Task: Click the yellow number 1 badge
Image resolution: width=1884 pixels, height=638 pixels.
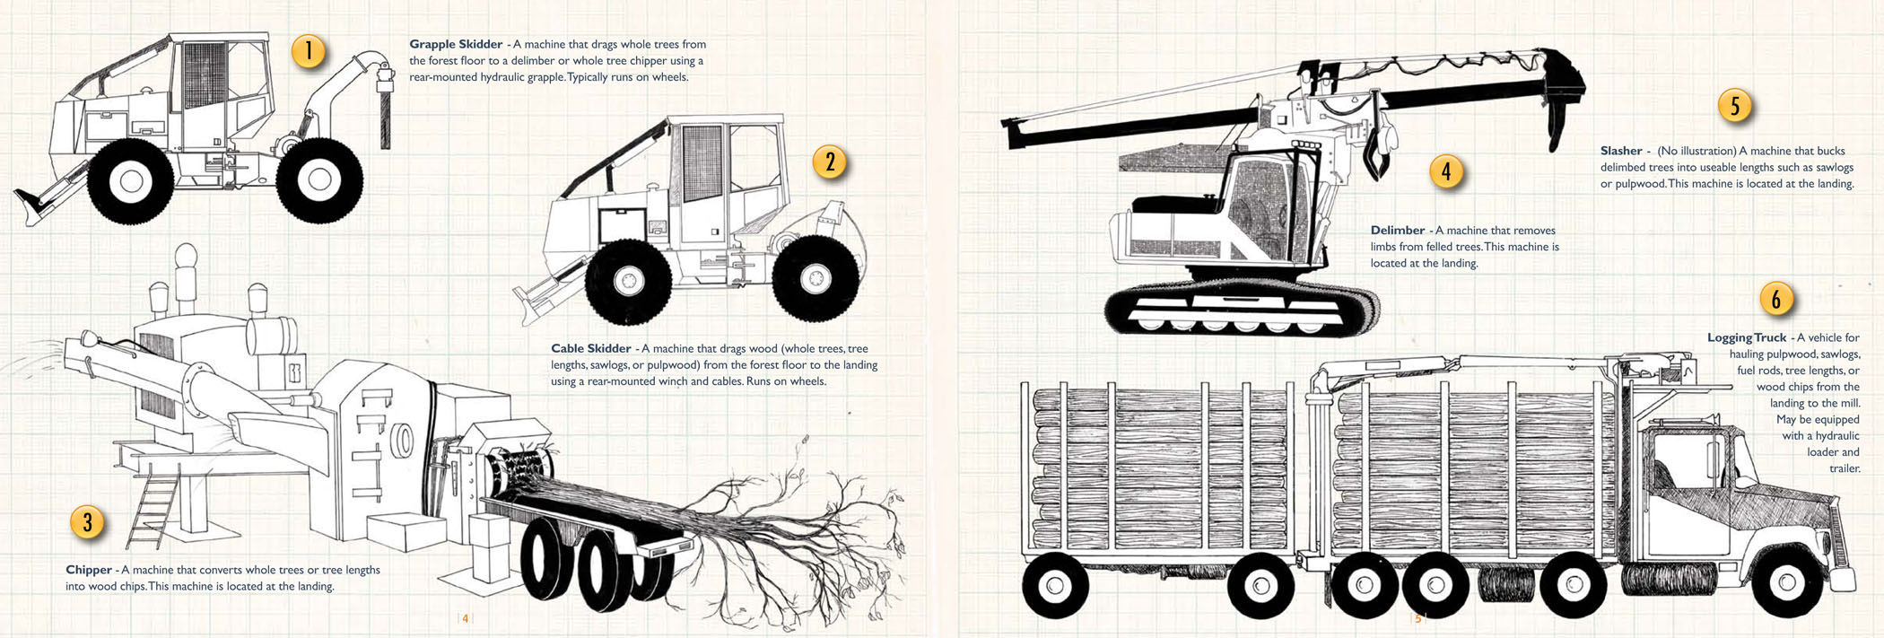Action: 308,50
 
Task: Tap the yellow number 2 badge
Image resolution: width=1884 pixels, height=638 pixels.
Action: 830,162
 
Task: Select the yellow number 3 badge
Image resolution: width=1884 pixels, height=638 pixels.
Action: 87,522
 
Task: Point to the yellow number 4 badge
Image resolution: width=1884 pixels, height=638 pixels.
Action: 1445,170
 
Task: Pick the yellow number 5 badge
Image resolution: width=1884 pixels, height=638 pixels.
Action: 1734,106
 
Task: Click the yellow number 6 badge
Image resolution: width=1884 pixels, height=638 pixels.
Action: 1775,299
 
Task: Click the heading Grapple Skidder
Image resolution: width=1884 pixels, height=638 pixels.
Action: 456,44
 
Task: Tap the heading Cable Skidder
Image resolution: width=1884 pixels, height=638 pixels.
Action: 590,348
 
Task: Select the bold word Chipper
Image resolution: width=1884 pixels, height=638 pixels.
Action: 88,570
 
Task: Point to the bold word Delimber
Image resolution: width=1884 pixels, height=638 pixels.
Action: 1397,231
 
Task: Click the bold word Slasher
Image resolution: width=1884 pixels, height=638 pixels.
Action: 1620,151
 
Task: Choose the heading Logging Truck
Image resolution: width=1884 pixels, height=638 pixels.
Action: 1746,337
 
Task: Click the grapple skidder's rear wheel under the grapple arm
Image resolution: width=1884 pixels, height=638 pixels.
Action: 319,179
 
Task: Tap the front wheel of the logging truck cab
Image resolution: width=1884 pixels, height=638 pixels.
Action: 1785,583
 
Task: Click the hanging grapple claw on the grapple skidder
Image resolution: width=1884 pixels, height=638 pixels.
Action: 386,112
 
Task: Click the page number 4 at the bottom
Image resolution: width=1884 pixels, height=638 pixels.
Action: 465,618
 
